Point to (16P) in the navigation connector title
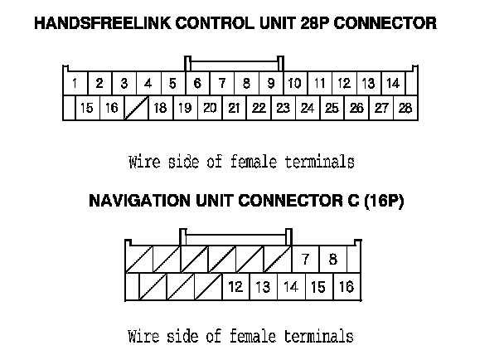tap(380, 202)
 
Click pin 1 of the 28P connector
tap(75, 84)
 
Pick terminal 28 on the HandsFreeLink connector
tap(405, 108)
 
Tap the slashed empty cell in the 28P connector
tap(136, 108)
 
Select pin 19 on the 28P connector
tap(185, 108)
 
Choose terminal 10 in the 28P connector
tap(294, 84)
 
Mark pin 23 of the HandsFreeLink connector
tap(283, 108)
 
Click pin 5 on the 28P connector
tap(172, 84)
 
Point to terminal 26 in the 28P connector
tap(356, 108)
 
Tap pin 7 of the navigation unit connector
tap(306, 260)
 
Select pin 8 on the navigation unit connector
tap(332, 260)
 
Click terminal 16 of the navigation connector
tap(346, 287)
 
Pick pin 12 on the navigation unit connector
tap(235, 287)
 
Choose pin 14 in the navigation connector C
tap(290, 287)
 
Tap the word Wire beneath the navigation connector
tap(142, 336)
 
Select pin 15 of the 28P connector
tap(87, 108)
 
